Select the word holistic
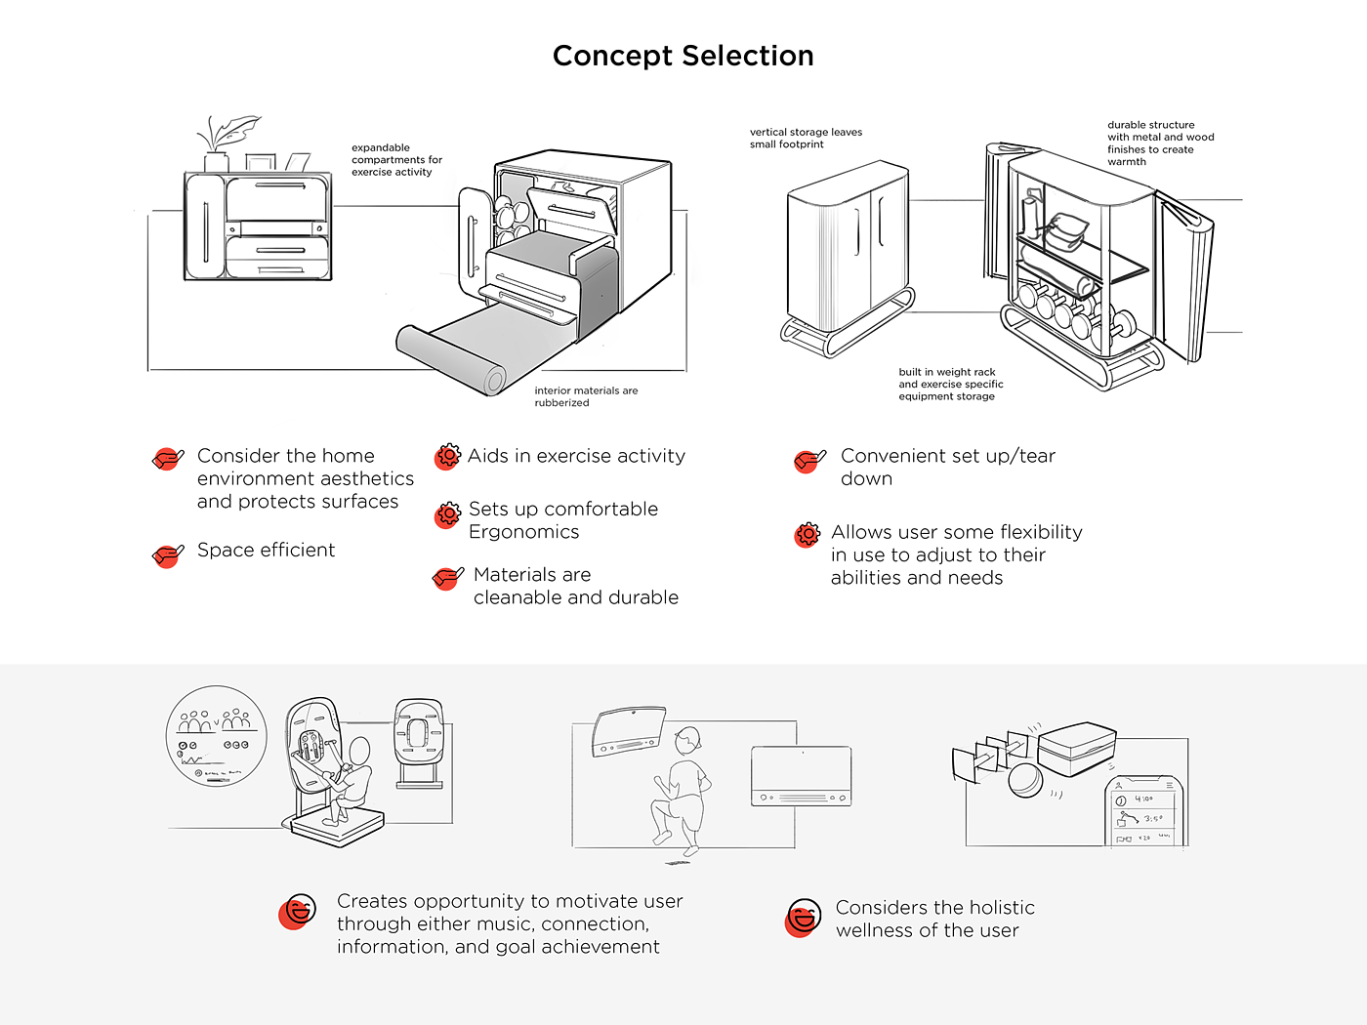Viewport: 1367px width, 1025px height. pyautogui.click(x=995, y=908)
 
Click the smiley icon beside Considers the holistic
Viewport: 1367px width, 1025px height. pyautogui.click(x=803, y=918)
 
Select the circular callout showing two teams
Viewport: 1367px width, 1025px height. pyautogui.click(x=217, y=735)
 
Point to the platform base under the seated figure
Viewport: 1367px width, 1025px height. pyautogui.click(x=337, y=828)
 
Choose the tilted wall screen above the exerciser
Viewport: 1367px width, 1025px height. pyautogui.click(x=629, y=733)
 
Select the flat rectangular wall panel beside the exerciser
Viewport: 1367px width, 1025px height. pyautogui.click(x=801, y=776)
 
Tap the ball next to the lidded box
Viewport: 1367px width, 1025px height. pyautogui.click(x=1025, y=781)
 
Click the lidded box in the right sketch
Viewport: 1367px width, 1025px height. pyautogui.click(x=1076, y=749)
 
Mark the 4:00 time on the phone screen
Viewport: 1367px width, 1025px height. pyautogui.click(x=1143, y=799)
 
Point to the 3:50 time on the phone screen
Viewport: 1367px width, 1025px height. pyautogui.click(x=1152, y=818)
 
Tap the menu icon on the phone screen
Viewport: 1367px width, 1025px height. pyautogui.click(x=1169, y=785)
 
